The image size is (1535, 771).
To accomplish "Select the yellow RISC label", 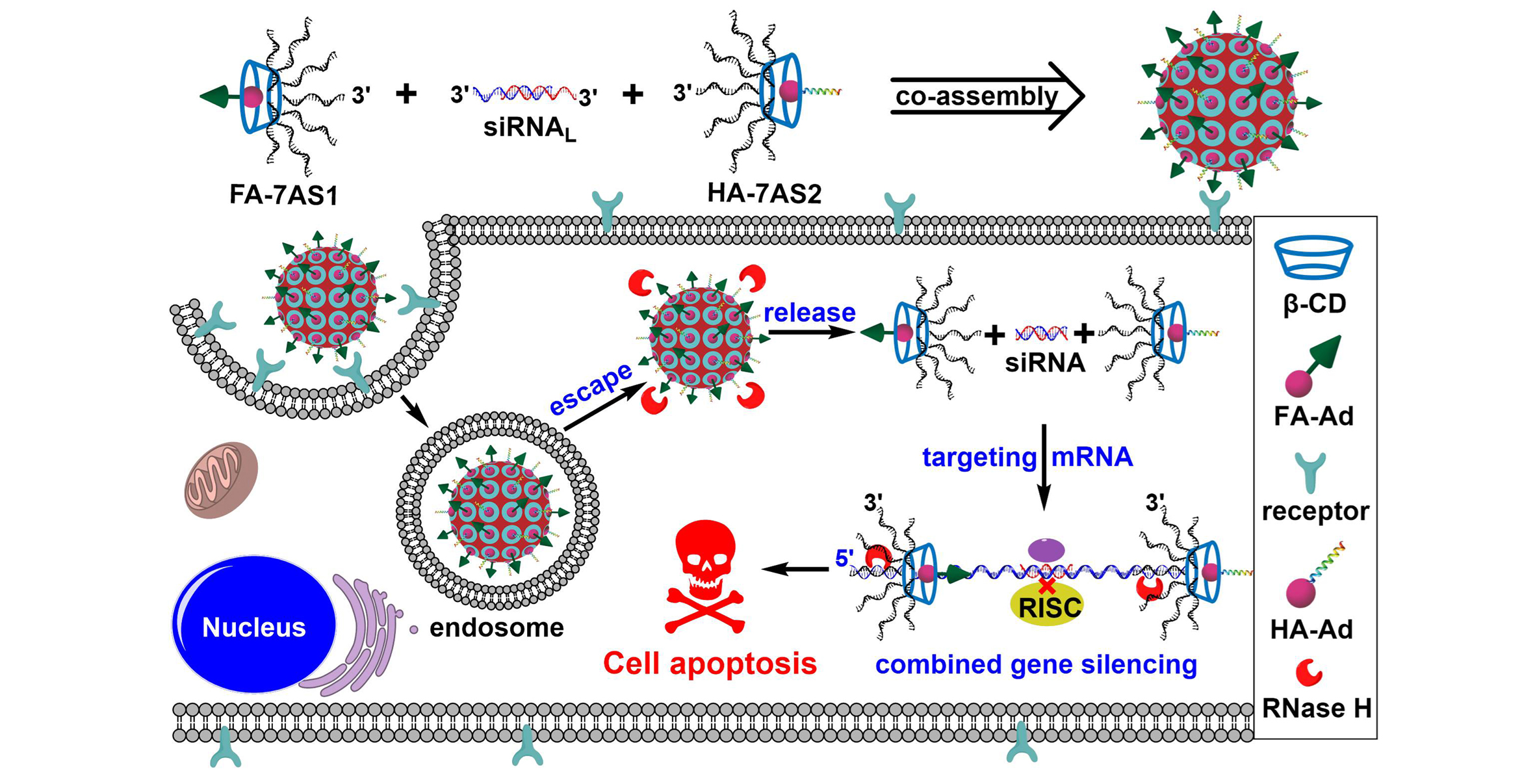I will click(x=1047, y=607).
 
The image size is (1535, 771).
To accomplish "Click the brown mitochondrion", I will click(x=222, y=480).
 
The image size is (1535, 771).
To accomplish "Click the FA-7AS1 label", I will click(x=284, y=194).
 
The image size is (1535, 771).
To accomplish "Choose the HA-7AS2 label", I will click(x=764, y=193).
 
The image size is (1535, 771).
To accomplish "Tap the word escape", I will click(x=590, y=389).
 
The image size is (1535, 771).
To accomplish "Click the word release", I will click(x=809, y=313).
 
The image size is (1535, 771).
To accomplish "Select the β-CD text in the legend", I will click(x=1313, y=304).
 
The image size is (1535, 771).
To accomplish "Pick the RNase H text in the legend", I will click(x=1316, y=708).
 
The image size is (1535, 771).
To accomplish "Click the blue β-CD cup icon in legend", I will click(x=1313, y=257).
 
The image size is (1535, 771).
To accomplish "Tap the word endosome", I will click(x=497, y=627).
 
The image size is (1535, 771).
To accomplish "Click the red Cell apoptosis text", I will click(x=710, y=664).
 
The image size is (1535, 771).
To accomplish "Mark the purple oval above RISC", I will click(x=1046, y=551).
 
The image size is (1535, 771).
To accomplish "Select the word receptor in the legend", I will click(x=1315, y=511).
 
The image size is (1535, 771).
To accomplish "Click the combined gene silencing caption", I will click(x=1036, y=664).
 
